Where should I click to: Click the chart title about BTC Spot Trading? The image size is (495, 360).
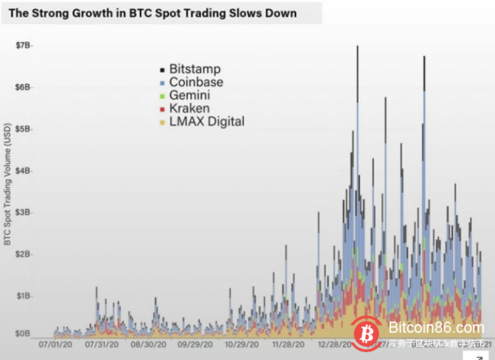pyautogui.click(x=152, y=13)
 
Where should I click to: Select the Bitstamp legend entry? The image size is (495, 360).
pyautogui.click(x=194, y=69)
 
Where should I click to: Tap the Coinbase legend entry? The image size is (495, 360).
pyautogui.click(x=195, y=82)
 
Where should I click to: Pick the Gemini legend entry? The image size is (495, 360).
pyautogui.click(x=190, y=95)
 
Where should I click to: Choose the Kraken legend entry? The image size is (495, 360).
pyautogui.click(x=189, y=108)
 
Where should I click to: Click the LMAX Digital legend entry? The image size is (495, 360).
pyautogui.click(x=206, y=121)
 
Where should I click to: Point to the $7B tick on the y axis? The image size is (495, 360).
pyautogui.click(x=24, y=45)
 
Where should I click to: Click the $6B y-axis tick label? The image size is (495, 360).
pyautogui.click(x=24, y=87)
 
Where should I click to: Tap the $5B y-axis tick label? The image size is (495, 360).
pyautogui.click(x=24, y=129)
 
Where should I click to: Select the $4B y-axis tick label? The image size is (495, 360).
pyautogui.click(x=24, y=170)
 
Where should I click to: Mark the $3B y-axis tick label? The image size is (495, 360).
pyautogui.click(x=24, y=212)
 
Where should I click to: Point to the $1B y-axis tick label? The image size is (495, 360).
pyautogui.click(x=24, y=296)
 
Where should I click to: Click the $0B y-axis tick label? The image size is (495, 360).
pyautogui.click(x=24, y=333)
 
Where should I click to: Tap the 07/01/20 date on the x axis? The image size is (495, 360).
pyautogui.click(x=56, y=345)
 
